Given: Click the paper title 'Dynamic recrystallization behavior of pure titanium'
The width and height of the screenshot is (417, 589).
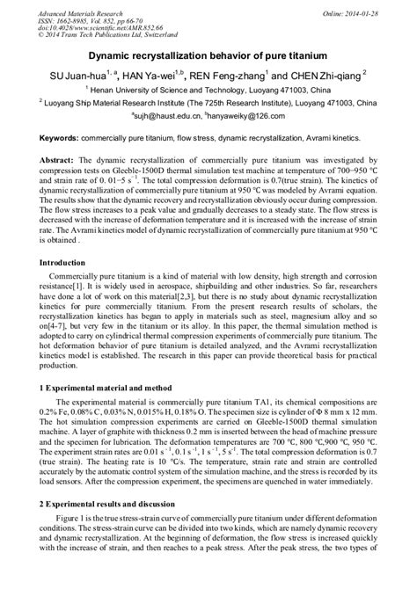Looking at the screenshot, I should tap(208, 55).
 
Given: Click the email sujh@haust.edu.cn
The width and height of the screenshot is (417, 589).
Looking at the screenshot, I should tap(165, 114).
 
